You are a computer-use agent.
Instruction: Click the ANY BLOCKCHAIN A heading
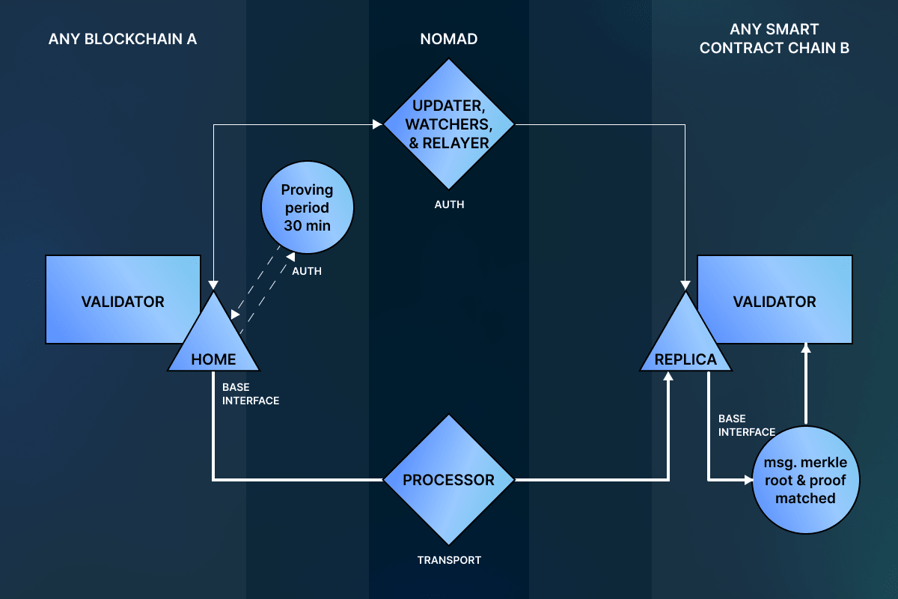(x=123, y=39)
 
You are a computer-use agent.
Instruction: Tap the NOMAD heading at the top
(x=449, y=39)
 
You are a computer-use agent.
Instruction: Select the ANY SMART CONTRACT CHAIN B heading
(x=775, y=39)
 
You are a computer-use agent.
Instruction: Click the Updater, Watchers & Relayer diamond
(x=449, y=124)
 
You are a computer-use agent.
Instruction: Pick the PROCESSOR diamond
(x=449, y=480)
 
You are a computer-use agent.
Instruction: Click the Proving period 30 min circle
(x=307, y=208)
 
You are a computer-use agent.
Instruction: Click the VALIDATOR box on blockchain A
(x=123, y=302)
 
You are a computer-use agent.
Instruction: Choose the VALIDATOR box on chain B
(x=775, y=302)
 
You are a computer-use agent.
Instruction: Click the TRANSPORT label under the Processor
(x=449, y=559)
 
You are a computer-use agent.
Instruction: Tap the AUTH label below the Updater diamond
(x=449, y=204)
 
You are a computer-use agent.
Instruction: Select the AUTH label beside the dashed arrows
(x=307, y=271)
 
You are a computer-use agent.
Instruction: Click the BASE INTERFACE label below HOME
(x=250, y=394)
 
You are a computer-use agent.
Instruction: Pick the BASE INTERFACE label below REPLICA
(x=746, y=425)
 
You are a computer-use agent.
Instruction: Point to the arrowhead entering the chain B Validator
(x=805, y=348)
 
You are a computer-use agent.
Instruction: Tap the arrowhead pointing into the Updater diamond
(x=378, y=125)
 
